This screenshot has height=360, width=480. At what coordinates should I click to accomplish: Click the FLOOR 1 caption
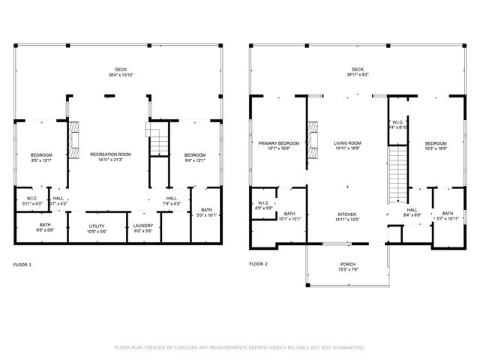click(x=22, y=264)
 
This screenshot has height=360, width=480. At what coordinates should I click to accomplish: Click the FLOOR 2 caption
click(x=258, y=264)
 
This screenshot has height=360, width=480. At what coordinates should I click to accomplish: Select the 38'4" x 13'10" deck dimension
click(x=120, y=76)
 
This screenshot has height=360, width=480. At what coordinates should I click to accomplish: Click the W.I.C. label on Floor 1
click(x=32, y=199)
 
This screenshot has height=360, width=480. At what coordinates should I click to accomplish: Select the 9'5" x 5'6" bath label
click(x=45, y=227)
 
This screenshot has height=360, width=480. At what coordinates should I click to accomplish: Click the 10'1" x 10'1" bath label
click(x=289, y=217)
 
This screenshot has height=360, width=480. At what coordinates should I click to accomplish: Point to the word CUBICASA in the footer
click(x=190, y=348)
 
